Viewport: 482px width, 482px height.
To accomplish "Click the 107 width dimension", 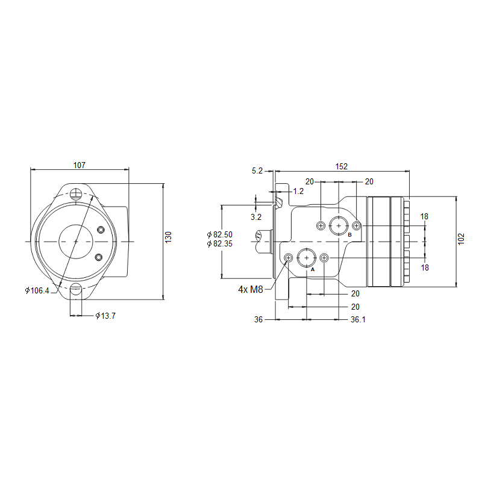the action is (x=80, y=165).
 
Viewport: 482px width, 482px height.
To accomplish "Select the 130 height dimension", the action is (x=168, y=237).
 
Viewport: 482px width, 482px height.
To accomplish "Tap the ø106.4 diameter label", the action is (x=37, y=290).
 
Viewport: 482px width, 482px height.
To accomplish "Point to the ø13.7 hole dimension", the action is (x=105, y=316).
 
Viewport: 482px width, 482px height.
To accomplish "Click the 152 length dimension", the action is (x=341, y=166).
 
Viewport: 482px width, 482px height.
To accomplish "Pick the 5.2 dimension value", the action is (x=257, y=171).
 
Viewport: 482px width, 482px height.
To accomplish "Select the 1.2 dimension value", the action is (x=298, y=191).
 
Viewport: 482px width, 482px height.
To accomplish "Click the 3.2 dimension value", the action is (x=256, y=217).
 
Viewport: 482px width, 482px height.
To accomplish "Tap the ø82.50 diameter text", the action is (x=220, y=234).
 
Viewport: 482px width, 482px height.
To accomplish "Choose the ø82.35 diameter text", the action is (x=220, y=244).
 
